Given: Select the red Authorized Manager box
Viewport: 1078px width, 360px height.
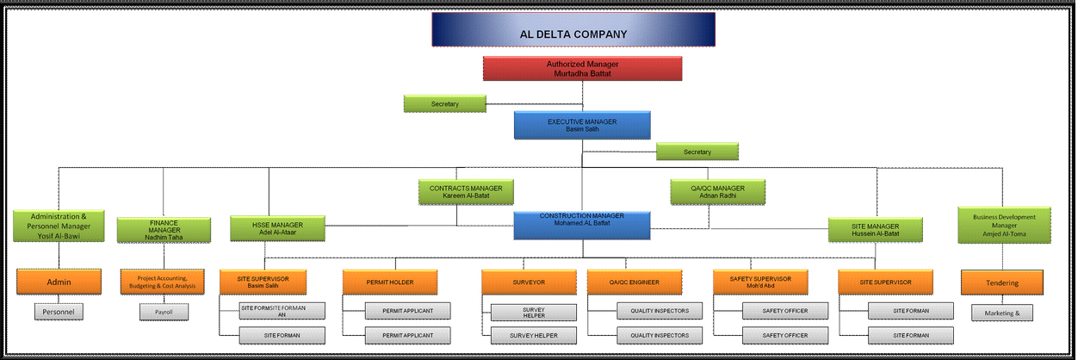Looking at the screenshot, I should [x=582, y=69].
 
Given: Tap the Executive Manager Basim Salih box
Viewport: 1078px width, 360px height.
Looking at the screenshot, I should [x=582, y=126].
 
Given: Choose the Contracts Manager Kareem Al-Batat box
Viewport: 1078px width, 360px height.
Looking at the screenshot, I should [x=466, y=191].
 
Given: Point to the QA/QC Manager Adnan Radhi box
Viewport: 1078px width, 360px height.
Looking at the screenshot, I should [x=717, y=191].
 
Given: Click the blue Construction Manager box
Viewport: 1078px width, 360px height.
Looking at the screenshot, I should [x=582, y=225].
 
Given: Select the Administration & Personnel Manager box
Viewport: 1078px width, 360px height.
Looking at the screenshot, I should [x=59, y=225].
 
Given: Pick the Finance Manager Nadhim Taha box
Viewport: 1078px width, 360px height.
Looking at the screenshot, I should [x=164, y=230].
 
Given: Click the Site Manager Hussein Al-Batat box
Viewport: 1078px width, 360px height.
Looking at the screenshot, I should [x=875, y=229].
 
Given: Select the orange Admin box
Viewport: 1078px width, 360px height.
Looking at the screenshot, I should [x=59, y=282].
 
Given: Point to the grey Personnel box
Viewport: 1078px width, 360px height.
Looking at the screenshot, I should [x=59, y=311].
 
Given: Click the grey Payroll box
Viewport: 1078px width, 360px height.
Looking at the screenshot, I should [x=164, y=311].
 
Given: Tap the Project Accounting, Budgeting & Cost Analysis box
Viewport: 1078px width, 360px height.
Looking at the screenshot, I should [x=164, y=282].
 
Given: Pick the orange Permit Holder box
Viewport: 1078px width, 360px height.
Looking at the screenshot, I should [x=389, y=282].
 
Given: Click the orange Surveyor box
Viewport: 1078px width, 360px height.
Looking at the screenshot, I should [x=529, y=282].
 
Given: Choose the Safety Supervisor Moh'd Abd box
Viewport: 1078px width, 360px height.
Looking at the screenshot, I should [x=760, y=282].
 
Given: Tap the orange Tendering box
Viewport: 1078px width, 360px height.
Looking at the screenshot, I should [x=1003, y=282].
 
